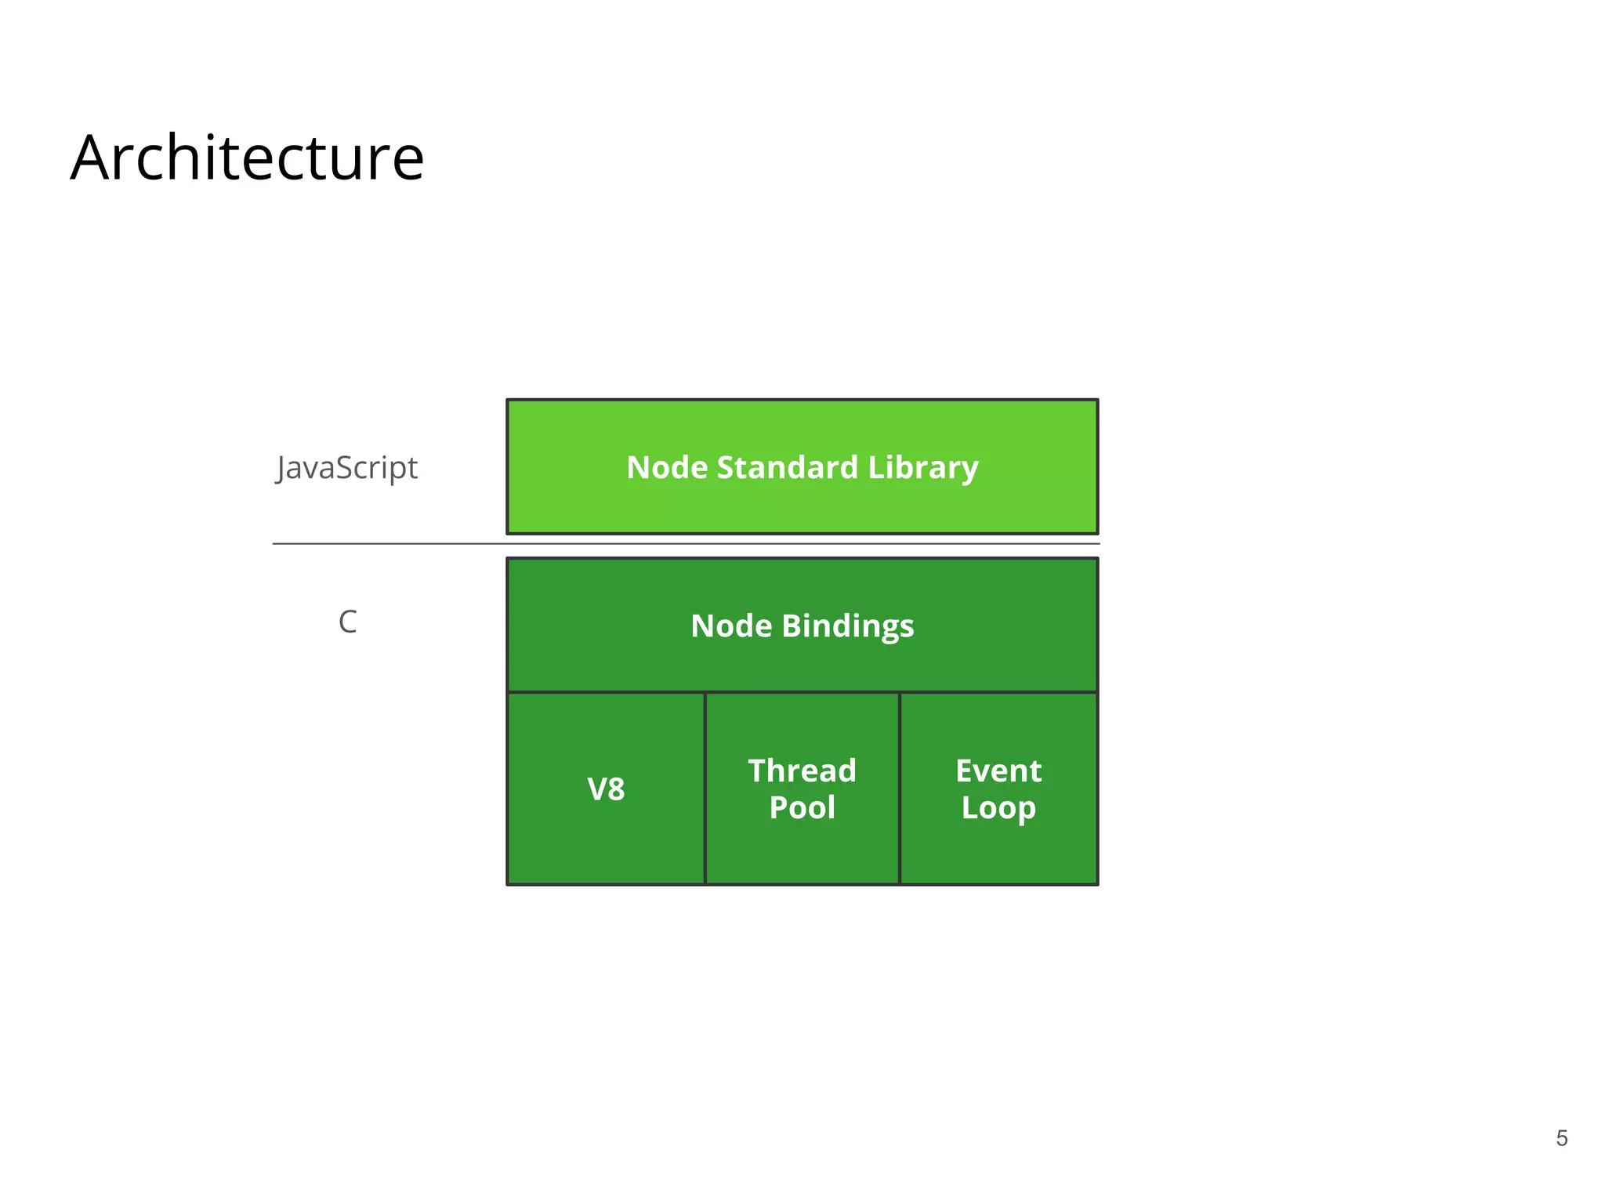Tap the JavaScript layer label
pos(347,468)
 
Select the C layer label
pos(347,622)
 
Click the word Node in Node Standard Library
pos(667,468)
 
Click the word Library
pos(922,468)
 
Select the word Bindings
pos(847,626)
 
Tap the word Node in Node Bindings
pos(730,626)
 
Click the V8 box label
pos(606,789)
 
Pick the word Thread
pos(802,771)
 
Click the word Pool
pos(802,808)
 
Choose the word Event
pos(998,771)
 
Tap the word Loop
pos(998,808)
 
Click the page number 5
pos(1561,1138)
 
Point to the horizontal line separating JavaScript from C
pos(392,543)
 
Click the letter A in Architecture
pos(92,159)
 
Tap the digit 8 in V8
pos(616,789)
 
